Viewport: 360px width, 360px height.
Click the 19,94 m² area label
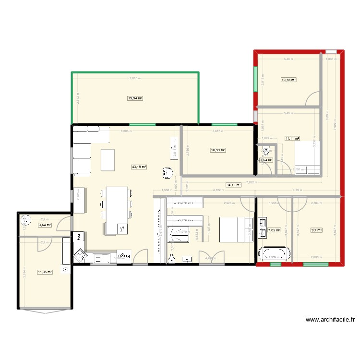coord(135,98)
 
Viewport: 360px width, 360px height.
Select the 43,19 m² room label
coord(139,167)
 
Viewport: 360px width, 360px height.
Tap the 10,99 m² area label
coord(218,150)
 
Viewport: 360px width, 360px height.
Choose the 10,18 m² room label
coord(288,80)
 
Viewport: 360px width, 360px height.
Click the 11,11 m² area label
coord(292,138)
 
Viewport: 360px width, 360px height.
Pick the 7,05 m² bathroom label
coord(274,230)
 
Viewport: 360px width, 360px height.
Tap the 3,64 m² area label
coord(45,225)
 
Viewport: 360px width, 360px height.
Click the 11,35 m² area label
coord(45,272)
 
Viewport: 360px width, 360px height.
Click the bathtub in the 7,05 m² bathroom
coord(274,253)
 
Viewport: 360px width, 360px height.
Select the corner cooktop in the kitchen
coord(80,256)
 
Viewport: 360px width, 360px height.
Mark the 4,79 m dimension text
coord(298,190)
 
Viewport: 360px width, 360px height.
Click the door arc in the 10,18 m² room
coord(313,98)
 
